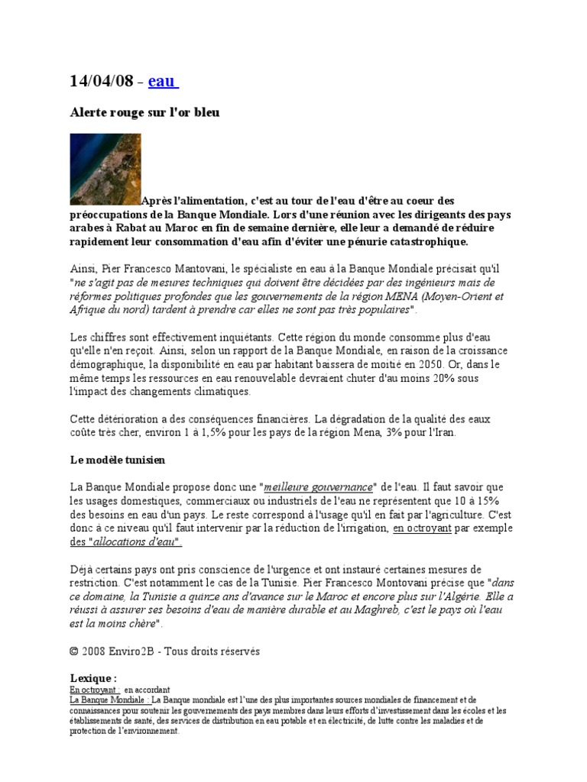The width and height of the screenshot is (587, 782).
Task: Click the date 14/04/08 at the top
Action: tap(102, 82)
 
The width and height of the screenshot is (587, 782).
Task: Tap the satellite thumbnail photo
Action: tap(105, 169)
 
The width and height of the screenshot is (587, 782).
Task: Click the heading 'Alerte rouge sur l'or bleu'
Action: tap(145, 112)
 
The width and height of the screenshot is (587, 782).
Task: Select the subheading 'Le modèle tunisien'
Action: tap(118, 460)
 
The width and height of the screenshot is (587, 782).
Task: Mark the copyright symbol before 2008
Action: tap(74, 651)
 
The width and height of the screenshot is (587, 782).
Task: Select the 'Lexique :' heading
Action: tap(93, 677)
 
